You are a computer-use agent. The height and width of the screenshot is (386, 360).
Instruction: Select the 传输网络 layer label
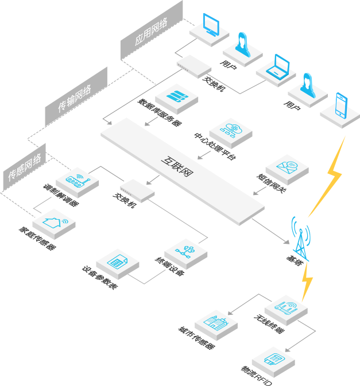coord(75,96)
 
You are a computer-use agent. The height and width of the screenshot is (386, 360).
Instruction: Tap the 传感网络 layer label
coord(24,167)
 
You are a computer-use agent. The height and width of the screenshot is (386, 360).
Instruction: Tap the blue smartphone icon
coord(341,104)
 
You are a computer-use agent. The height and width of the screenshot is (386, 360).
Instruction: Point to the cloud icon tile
coord(230,130)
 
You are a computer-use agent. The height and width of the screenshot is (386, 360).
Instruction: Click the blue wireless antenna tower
coord(300,237)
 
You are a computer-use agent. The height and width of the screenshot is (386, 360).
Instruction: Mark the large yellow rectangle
coord(326,176)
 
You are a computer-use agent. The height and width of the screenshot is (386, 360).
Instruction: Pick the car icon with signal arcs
coord(285,307)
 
